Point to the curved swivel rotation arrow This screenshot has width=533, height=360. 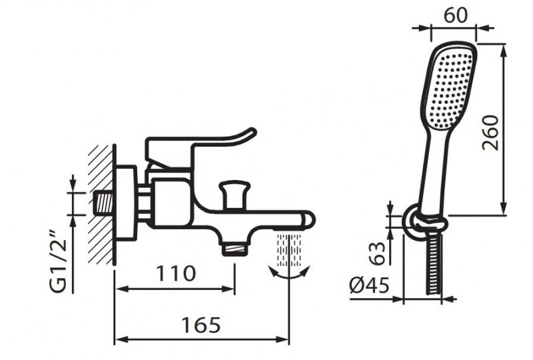pyautogui.click(x=289, y=275)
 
